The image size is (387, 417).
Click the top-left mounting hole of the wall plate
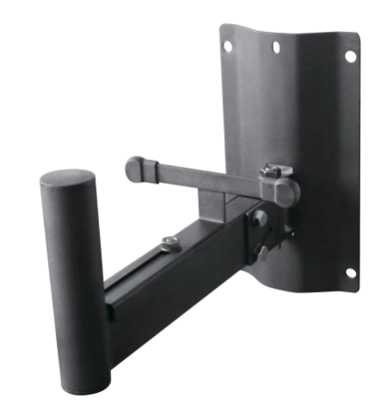pos(226,46)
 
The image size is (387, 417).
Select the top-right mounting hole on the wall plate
pos(351,56)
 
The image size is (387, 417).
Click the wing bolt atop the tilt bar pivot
pos(274,171)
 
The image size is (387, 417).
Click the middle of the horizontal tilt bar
pos(207,178)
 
